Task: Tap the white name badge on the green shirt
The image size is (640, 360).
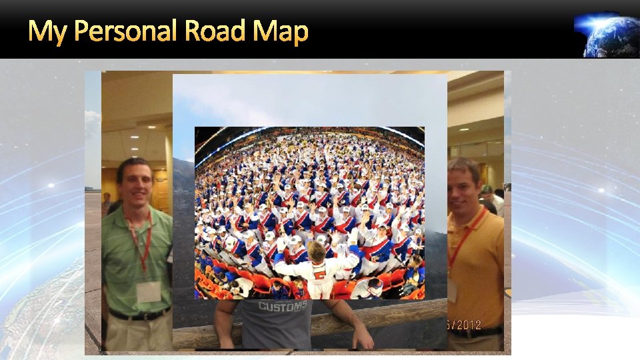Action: click(148, 291)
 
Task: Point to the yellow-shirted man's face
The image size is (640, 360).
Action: click(464, 186)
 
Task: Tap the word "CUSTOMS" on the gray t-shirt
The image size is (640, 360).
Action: click(283, 307)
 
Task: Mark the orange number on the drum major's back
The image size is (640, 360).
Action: click(319, 274)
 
